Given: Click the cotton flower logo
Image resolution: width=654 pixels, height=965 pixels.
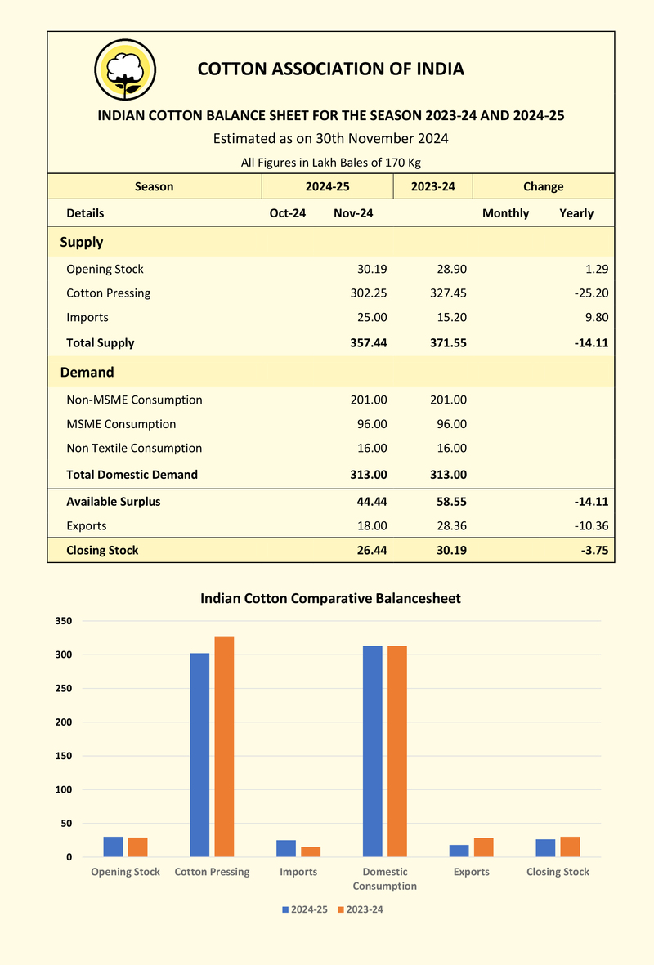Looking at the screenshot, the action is click(125, 69).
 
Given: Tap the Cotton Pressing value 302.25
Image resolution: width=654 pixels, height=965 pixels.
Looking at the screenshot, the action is click(369, 293).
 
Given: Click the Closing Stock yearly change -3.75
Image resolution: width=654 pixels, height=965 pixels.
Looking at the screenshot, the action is click(594, 550).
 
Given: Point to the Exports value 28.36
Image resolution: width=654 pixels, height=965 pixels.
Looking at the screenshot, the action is click(452, 525).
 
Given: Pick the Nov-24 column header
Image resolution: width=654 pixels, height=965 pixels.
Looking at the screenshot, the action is click(353, 213).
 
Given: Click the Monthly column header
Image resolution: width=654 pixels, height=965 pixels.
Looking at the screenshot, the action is click(505, 213).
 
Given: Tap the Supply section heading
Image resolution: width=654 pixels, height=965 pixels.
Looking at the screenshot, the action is click(81, 242).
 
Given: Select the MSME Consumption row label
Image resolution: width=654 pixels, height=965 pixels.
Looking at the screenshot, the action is click(121, 424).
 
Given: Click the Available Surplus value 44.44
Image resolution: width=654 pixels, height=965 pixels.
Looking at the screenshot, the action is click(372, 502).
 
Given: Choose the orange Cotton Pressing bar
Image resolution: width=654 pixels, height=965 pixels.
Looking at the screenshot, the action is click(224, 747).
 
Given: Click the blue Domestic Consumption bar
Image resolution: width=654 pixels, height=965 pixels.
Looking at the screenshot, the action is click(373, 752).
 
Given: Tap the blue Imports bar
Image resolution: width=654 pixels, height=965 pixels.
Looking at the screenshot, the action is click(286, 849).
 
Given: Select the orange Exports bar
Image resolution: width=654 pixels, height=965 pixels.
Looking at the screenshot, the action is click(484, 847).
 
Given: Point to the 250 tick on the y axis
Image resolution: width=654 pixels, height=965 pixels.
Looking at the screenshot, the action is click(64, 689).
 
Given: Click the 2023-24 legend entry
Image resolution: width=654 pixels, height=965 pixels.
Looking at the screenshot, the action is click(361, 909).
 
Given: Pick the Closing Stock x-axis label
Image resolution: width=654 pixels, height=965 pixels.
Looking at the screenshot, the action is click(558, 872).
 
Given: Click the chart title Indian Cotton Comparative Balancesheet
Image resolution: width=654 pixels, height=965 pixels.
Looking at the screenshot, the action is click(331, 598).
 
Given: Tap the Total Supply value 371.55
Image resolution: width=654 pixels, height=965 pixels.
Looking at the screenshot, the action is click(448, 343).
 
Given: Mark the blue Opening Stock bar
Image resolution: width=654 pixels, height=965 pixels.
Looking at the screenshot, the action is click(114, 847).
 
